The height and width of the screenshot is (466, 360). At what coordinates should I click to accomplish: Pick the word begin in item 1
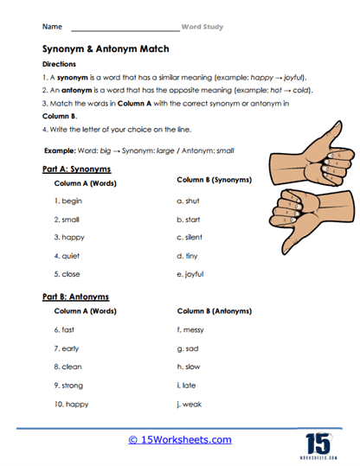pyautogui.click(x=71, y=201)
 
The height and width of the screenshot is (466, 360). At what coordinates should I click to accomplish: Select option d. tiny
pyautogui.click(x=187, y=256)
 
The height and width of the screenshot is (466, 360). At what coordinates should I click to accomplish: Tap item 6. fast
pyautogui.click(x=65, y=329)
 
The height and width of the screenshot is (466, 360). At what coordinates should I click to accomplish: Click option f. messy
pyautogui.click(x=190, y=329)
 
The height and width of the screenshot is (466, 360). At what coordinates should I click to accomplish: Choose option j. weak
pyautogui.click(x=189, y=405)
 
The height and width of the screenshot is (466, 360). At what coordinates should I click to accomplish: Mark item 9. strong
pyautogui.click(x=69, y=386)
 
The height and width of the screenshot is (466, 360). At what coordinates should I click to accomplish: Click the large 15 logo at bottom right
pyautogui.click(x=318, y=437)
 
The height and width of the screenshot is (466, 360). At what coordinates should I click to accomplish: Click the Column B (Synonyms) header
pyautogui.click(x=214, y=180)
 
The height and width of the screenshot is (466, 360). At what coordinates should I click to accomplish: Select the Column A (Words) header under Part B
pyautogui.click(x=85, y=310)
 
